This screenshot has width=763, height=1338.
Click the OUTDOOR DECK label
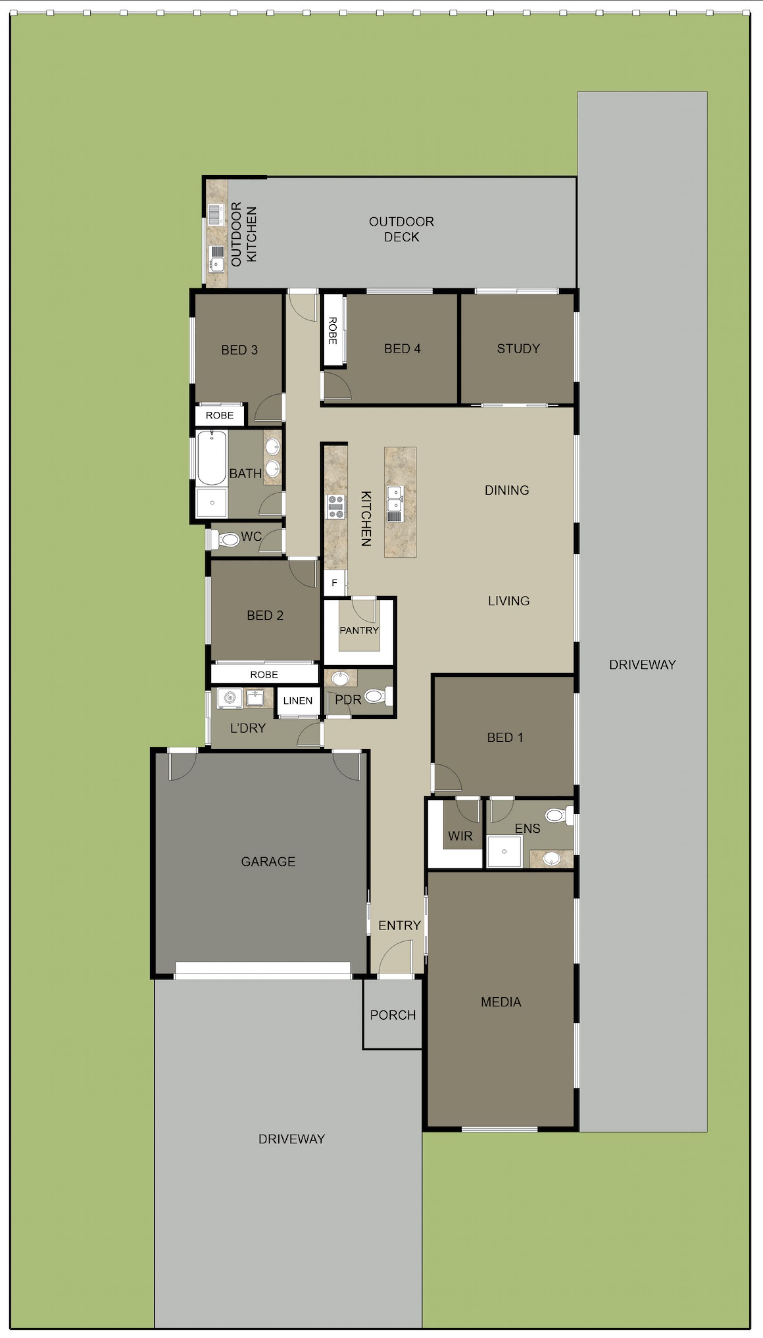(401, 229)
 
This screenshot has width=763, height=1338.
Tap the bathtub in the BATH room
(212, 458)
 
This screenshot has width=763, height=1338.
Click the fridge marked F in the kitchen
(334, 583)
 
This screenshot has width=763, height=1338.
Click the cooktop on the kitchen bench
(335, 507)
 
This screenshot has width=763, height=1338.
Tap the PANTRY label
(359, 630)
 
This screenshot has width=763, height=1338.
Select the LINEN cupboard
(298, 701)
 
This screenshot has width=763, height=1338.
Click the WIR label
(460, 836)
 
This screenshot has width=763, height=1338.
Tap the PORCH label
(393, 1015)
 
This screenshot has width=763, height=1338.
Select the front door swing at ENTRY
(395, 957)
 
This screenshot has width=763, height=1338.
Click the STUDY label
(518, 349)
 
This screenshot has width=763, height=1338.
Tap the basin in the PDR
(340, 679)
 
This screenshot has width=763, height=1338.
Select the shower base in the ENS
(504, 851)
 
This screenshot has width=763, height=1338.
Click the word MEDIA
(501, 1002)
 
